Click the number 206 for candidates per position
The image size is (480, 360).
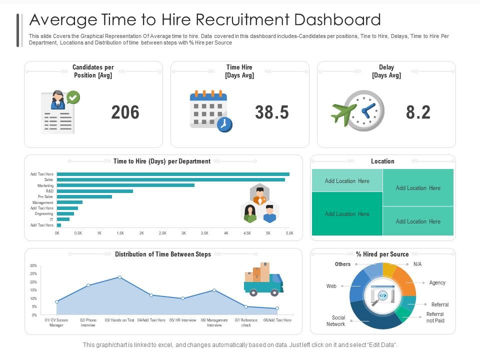(x=125, y=112)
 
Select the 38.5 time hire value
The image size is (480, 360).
(x=271, y=112)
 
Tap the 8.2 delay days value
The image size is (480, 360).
(x=418, y=112)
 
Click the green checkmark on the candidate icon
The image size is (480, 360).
(x=73, y=97)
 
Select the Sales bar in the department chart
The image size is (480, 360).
(x=170, y=179)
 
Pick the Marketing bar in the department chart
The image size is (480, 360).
(x=125, y=185)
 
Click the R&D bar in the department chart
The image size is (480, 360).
(x=95, y=191)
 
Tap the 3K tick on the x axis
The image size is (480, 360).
(x=183, y=233)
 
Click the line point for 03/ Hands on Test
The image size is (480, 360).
(x=119, y=277)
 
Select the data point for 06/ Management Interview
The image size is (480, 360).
(x=214, y=290)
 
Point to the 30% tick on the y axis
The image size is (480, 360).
(x=33, y=265)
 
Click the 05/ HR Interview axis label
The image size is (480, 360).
(x=182, y=320)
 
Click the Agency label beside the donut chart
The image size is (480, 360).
(x=437, y=283)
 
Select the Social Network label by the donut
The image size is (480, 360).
(x=338, y=320)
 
